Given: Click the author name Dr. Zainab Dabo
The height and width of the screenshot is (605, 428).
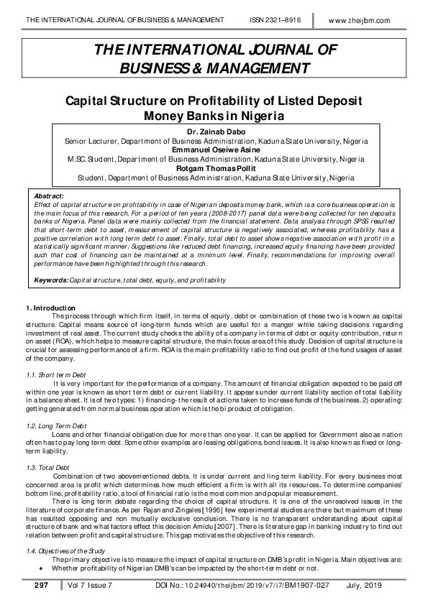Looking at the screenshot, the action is (214, 132).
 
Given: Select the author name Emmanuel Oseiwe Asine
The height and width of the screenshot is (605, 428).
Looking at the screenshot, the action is (214, 149).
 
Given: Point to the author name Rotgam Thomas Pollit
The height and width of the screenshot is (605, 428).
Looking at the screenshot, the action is (214, 167).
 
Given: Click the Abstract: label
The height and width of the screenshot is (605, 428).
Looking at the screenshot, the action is (50, 195).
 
